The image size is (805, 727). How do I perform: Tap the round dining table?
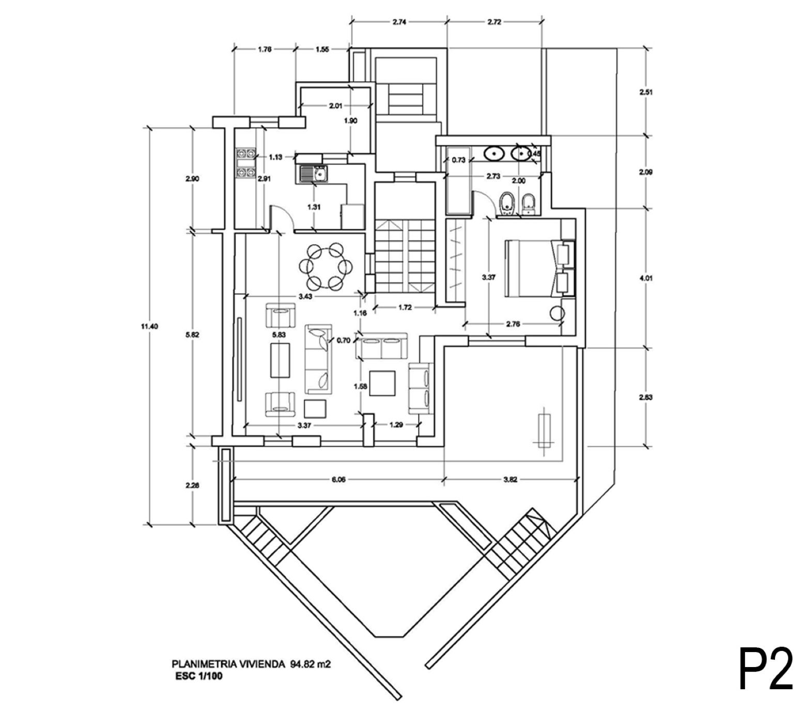[x=326, y=267]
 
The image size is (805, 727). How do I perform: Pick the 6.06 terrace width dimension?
[x=338, y=479]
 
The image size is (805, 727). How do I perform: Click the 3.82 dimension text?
[x=510, y=479]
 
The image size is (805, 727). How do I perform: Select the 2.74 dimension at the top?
[x=399, y=22]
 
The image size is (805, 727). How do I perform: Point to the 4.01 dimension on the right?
[x=646, y=278]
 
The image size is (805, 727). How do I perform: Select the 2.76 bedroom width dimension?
[x=513, y=324]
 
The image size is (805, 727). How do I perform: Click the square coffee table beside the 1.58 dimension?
[x=383, y=384]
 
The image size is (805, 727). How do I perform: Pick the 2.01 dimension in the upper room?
[x=335, y=106]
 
